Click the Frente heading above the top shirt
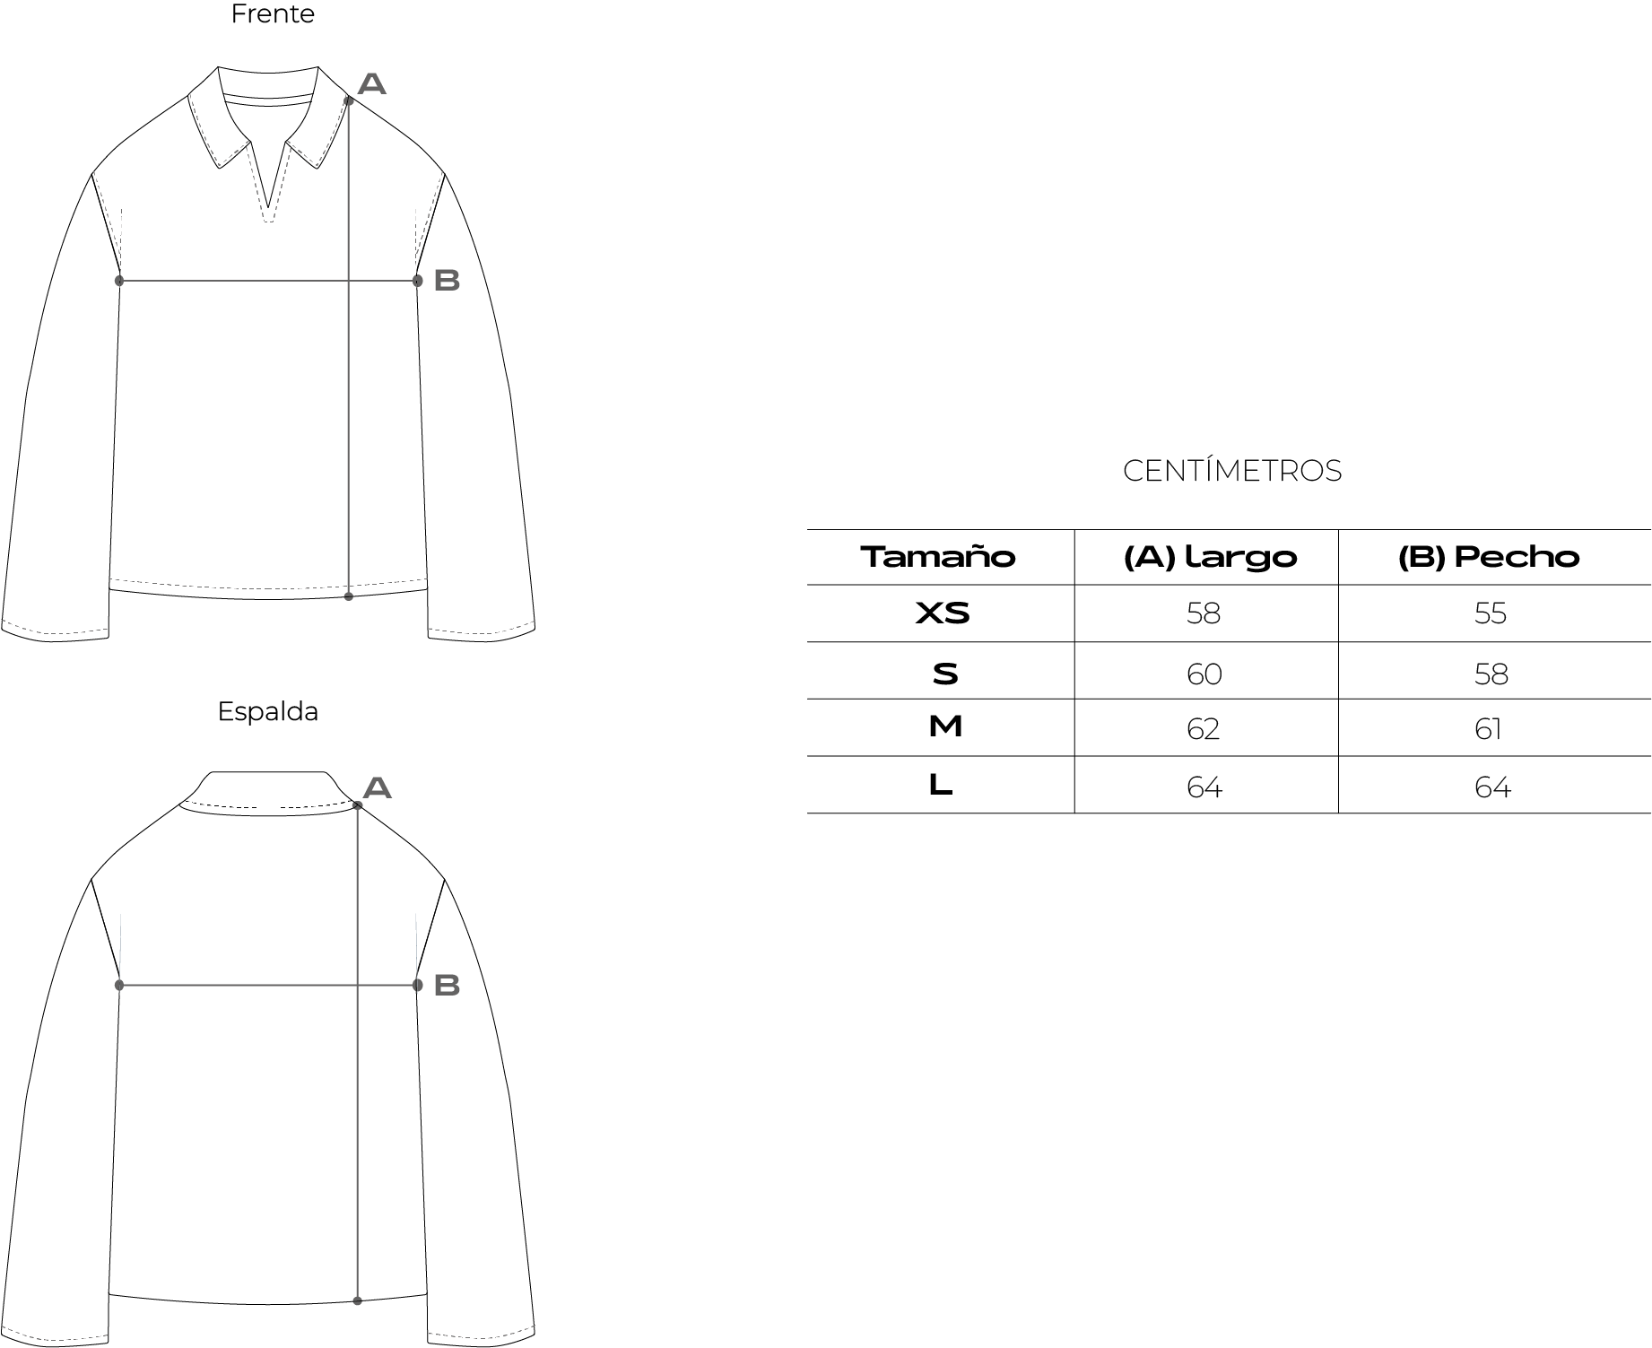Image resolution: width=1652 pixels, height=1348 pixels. [273, 15]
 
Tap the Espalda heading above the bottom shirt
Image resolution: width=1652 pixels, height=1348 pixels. [267, 712]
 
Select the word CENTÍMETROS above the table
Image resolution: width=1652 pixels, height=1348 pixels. [1231, 471]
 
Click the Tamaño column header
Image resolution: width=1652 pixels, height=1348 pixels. [938, 557]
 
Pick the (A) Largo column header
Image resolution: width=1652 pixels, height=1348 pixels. [1210, 557]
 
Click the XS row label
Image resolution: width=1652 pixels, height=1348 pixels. [943, 613]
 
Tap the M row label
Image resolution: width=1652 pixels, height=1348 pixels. [945, 727]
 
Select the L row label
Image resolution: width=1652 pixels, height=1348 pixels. [940, 786]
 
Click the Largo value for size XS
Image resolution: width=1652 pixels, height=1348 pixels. [1204, 614]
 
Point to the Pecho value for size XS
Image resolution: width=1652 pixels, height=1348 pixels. [1491, 614]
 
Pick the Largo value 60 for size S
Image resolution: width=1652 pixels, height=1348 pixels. [1204, 674]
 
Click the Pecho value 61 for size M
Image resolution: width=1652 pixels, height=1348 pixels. [1488, 729]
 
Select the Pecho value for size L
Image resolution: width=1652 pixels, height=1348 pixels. [1492, 787]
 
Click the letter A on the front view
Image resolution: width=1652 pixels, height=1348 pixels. [371, 84]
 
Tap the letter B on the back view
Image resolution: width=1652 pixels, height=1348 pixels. [447, 985]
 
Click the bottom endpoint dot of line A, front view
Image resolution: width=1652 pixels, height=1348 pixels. [349, 596]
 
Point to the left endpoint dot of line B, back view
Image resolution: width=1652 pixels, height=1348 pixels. [119, 986]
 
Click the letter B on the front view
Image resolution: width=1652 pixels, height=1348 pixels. [447, 280]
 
